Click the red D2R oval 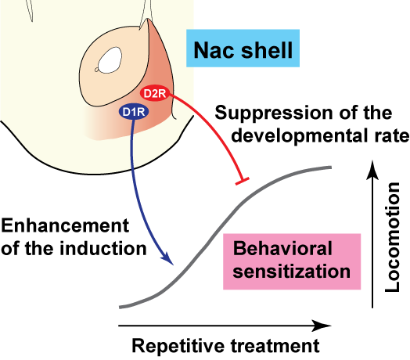coord(155,93)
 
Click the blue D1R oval coord(134,112)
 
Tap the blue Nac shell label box coord(243,49)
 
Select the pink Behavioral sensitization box coord(292,261)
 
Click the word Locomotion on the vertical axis coord(393,237)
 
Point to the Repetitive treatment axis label coord(225,346)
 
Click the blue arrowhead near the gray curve coord(168,258)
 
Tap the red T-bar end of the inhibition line coord(242,181)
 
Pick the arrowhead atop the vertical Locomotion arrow coord(372,170)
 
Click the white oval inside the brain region coord(110,60)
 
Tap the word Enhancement coord(65,225)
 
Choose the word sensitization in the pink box coord(291,272)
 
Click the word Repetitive coord(178,346)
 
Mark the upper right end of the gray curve coord(331,167)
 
